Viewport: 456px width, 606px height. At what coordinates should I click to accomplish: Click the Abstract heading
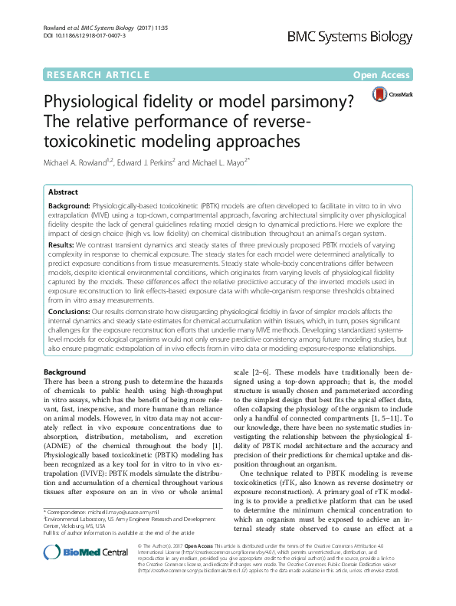(63, 193)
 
